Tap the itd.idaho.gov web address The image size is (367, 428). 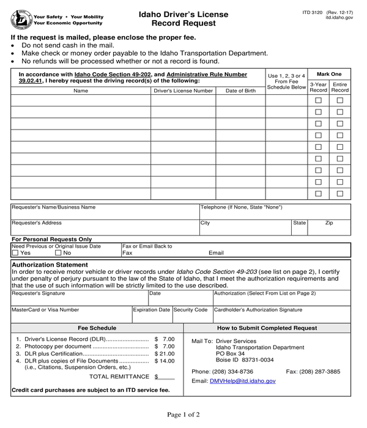[339, 18]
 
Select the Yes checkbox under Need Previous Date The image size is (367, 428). [16, 253]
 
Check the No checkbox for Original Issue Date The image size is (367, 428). [59, 253]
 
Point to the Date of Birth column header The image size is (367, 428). [240, 91]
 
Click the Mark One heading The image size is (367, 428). [329, 74]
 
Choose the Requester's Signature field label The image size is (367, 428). [37, 293]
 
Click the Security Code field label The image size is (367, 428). [191, 310]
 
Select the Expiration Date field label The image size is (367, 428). [152, 310]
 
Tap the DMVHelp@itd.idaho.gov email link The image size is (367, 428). [243, 381]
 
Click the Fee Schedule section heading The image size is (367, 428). [98, 328]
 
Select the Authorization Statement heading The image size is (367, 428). [50, 265]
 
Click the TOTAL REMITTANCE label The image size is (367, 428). [119, 377]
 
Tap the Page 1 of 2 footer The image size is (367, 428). [183, 415]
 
